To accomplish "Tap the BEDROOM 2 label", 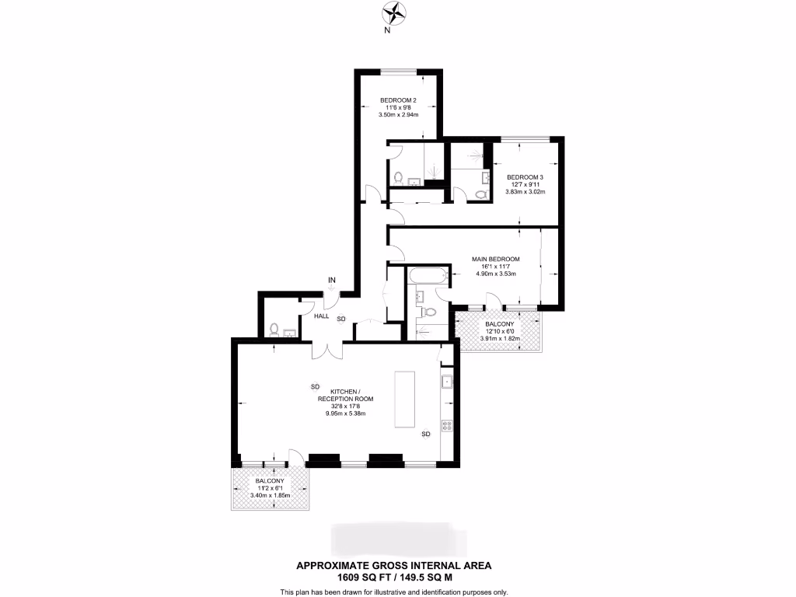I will click(398, 100).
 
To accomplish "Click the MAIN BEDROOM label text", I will click(495, 259).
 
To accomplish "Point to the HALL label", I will click(322, 316).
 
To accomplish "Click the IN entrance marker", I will click(331, 280).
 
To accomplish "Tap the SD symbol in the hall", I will click(341, 319).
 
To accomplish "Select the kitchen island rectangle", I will click(405, 398).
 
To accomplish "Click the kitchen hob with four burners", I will click(448, 425).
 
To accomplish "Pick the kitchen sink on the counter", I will click(448, 382).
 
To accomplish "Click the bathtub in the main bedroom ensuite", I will click(426, 276).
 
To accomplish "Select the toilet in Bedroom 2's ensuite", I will click(398, 178).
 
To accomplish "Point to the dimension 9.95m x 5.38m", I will click(345, 414).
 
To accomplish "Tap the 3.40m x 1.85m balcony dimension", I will click(270, 495).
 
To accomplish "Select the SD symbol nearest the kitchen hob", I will click(425, 434).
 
